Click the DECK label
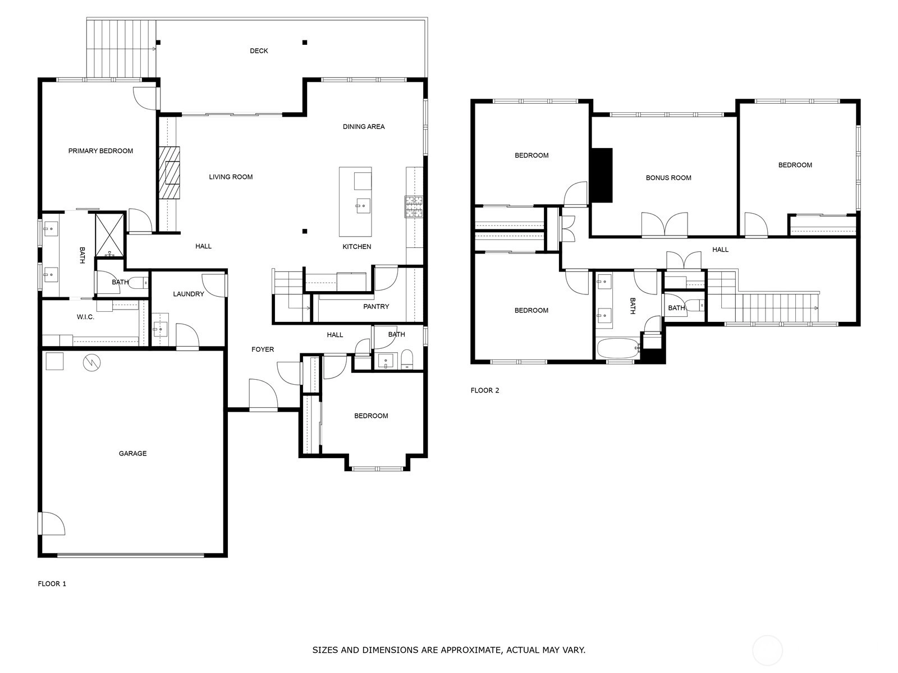point(259,50)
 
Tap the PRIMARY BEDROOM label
point(100,151)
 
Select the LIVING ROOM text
point(231,177)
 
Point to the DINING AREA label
point(364,127)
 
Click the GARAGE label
point(132,453)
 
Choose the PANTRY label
point(376,306)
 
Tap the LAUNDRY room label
point(188,294)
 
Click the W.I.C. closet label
point(85,317)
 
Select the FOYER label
point(263,349)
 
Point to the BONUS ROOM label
point(668,178)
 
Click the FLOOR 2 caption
point(485,390)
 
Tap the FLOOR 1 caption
point(52,583)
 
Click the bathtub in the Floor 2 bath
point(618,348)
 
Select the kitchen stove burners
point(414,207)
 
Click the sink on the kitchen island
point(363,206)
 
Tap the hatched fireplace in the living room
point(169,172)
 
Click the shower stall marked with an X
point(109,235)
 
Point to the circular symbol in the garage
point(91,362)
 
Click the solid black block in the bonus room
point(601,176)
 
